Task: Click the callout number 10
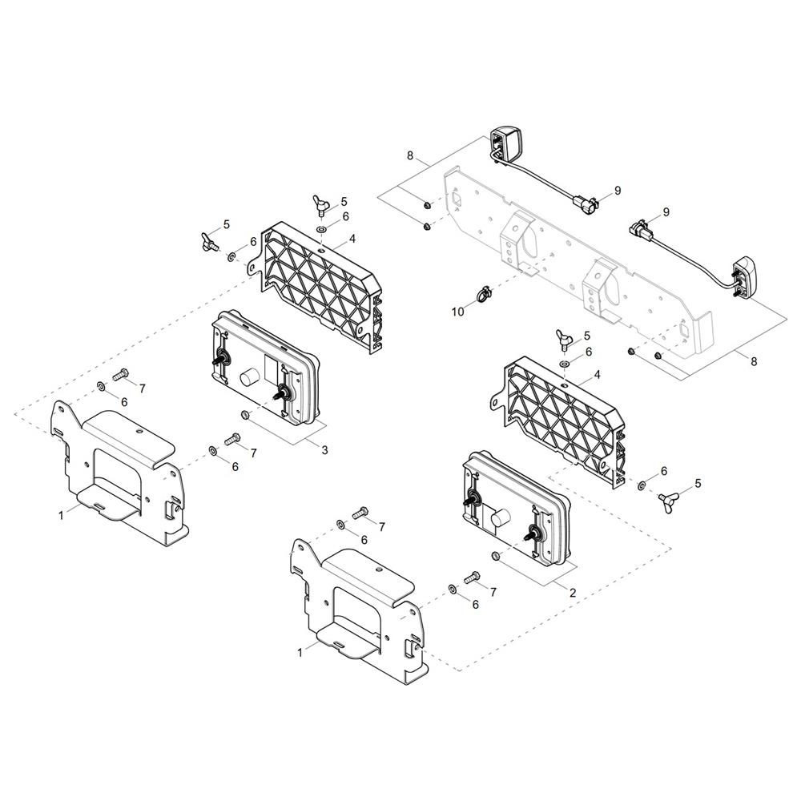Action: [x=457, y=311]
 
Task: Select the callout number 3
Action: [x=325, y=450]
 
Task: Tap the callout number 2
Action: [x=572, y=593]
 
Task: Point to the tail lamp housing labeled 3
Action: [x=266, y=368]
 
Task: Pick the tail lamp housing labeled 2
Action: [x=515, y=509]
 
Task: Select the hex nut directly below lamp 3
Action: [x=244, y=414]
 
